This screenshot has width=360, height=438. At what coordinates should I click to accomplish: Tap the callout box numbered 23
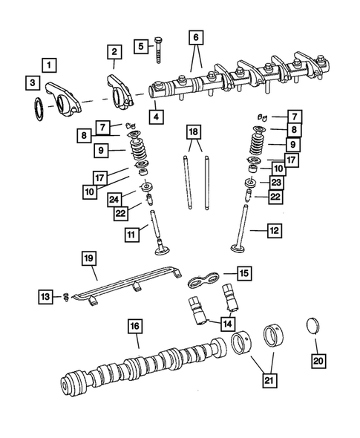pos(275,182)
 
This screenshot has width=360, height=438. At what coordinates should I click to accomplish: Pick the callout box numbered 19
pos(88,258)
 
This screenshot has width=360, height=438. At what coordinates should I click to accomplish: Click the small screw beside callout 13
pos(65,297)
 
